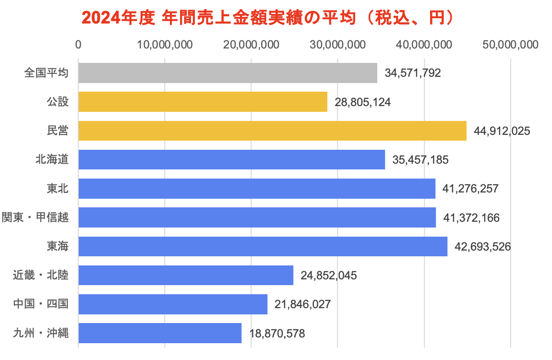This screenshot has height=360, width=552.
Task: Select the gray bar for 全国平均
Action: coord(228,73)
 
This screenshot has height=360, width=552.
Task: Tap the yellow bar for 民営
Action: coord(272,131)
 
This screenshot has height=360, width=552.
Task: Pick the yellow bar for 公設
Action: coord(203,102)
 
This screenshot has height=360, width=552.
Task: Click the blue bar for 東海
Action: coord(263,246)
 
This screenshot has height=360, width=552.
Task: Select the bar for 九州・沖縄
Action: coord(160,333)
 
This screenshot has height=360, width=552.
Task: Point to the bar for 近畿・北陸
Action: coord(186,275)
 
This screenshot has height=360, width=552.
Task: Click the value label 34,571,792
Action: coord(412,73)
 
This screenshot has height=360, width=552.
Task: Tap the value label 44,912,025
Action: coord(502,131)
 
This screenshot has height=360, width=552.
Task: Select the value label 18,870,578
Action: coord(277,333)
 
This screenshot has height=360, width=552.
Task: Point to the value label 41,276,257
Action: coord(470,189)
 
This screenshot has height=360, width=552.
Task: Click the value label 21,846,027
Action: coord(303,304)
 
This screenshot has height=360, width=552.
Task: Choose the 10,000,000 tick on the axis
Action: coord(165,45)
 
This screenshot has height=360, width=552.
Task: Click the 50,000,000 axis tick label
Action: coord(510,45)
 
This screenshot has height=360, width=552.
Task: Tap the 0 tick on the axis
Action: coord(78,45)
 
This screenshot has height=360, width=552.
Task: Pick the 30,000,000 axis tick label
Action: coord(337,45)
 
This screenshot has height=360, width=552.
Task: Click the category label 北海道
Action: coord(51,160)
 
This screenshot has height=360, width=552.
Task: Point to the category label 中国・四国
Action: coord(40,304)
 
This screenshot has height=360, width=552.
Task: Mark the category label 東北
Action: coord(57,189)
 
